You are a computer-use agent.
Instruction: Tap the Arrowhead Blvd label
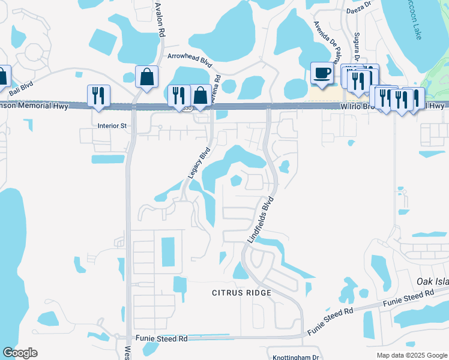pyautogui.click(x=190, y=56)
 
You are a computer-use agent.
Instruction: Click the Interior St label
pyautogui.click(x=112, y=126)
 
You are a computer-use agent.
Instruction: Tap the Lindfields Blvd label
pyautogui.click(x=261, y=219)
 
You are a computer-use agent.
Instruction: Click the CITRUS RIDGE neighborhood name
pyautogui.click(x=241, y=293)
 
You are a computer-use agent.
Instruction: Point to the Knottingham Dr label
pyautogui.click(x=295, y=357)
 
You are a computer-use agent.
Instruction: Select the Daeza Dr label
pyautogui.click(x=358, y=11)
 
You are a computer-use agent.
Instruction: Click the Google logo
pyautogui.click(x=20, y=352)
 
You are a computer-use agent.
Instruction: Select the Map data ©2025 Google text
pyautogui.click(x=411, y=355)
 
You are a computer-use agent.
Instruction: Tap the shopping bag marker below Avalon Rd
pyautogui.click(x=146, y=77)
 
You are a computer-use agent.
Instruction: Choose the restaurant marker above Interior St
pyautogui.click(x=98, y=96)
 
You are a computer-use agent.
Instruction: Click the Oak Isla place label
pyautogui.click(x=433, y=281)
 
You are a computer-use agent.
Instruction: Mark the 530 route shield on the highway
pyautogui.click(x=188, y=108)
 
